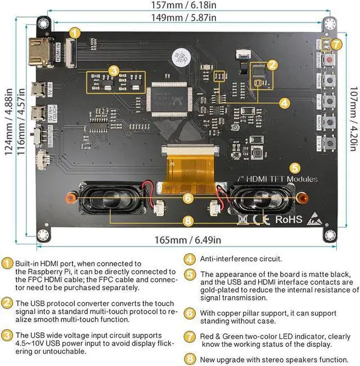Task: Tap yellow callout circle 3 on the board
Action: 114,71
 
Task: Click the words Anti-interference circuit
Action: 235,259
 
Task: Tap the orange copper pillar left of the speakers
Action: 71,197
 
